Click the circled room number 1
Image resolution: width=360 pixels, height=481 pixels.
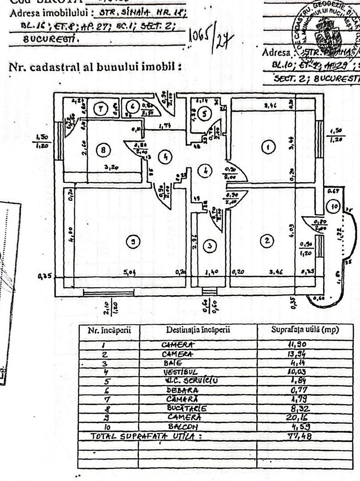268,147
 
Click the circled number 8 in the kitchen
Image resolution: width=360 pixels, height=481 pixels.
103,151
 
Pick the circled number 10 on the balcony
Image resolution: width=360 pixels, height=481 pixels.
335,206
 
